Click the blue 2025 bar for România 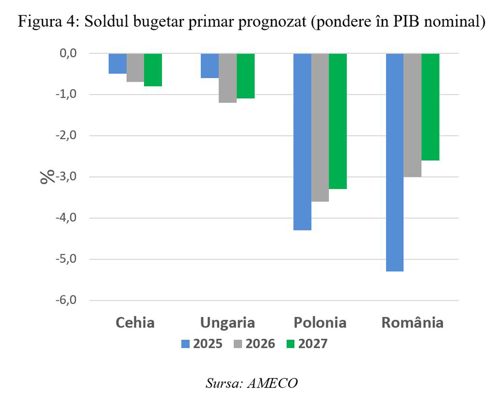click(x=394, y=162)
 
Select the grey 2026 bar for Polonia click(x=320, y=127)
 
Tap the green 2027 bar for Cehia click(x=153, y=70)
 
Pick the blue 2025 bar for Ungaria click(x=210, y=66)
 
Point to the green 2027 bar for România click(x=430, y=107)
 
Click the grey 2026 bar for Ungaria click(x=228, y=78)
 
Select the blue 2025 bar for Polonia click(x=302, y=142)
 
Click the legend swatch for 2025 click(x=186, y=344)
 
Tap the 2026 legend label click(x=260, y=344)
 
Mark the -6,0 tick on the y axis click(x=66, y=300)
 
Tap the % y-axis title click(x=47, y=177)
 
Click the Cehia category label click(x=135, y=323)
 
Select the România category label click(x=412, y=323)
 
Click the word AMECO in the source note click(x=272, y=383)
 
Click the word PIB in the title click(x=407, y=21)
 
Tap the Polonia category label click(x=320, y=323)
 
